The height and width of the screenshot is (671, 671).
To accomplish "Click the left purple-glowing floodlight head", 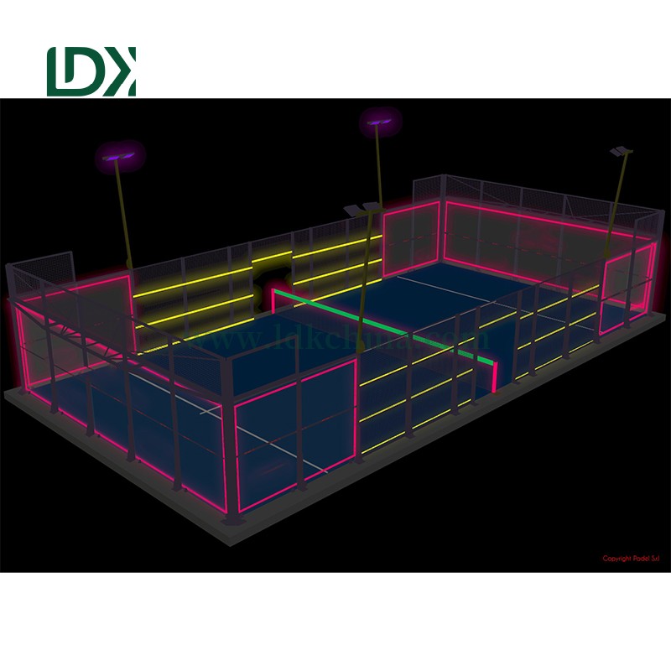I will (117, 154).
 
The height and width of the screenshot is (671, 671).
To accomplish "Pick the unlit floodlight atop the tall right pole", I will (622, 152).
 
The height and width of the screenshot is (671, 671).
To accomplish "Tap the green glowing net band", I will (386, 324).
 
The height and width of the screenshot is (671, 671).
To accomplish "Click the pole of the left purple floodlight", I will (126, 218).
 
